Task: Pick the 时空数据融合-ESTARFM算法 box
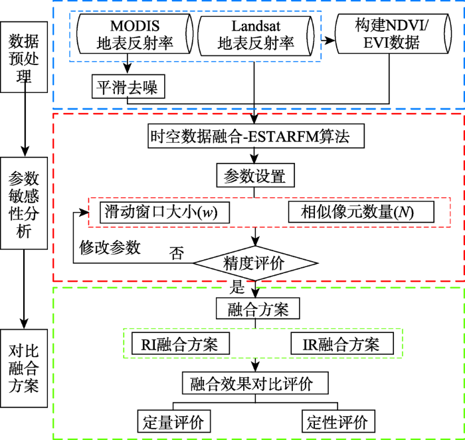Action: pos(256,138)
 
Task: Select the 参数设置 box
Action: pos(255,177)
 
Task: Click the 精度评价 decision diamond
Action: pos(255,263)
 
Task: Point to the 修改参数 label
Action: pos(110,247)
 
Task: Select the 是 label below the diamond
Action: pos(237,288)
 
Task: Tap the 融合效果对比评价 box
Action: pos(255,384)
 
